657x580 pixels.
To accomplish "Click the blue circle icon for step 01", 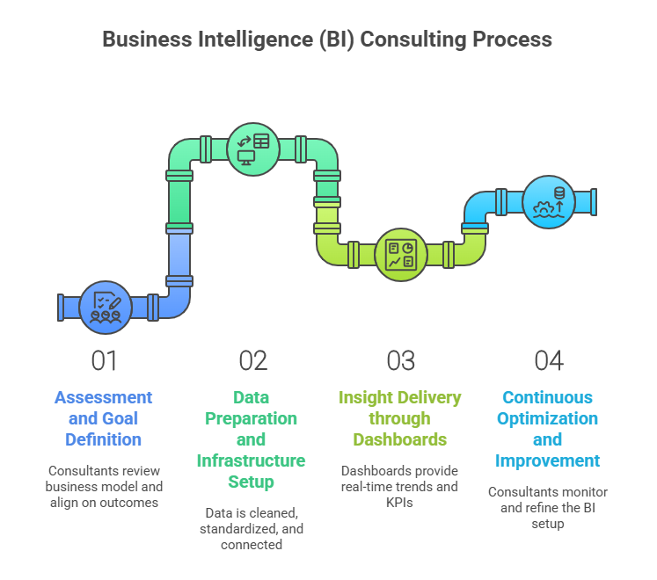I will (x=106, y=307).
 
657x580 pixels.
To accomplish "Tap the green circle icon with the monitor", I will (x=253, y=148).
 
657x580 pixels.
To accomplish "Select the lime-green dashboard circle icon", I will (x=401, y=255).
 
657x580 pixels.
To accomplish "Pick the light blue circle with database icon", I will (x=549, y=201).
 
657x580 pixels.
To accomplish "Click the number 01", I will (x=104, y=360).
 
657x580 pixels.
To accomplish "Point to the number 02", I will (x=252, y=360).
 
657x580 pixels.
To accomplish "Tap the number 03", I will (x=400, y=360).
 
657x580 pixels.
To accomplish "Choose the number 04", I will (x=548, y=360).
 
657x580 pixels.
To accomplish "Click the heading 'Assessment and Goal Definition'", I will (x=104, y=418).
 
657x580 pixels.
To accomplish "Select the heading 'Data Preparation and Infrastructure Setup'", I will (x=252, y=439).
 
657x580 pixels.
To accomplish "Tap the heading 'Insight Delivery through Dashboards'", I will (x=400, y=418).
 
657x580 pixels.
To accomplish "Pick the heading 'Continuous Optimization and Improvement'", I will (x=548, y=429).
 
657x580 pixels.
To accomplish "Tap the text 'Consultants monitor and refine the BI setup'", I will (x=548, y=507).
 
